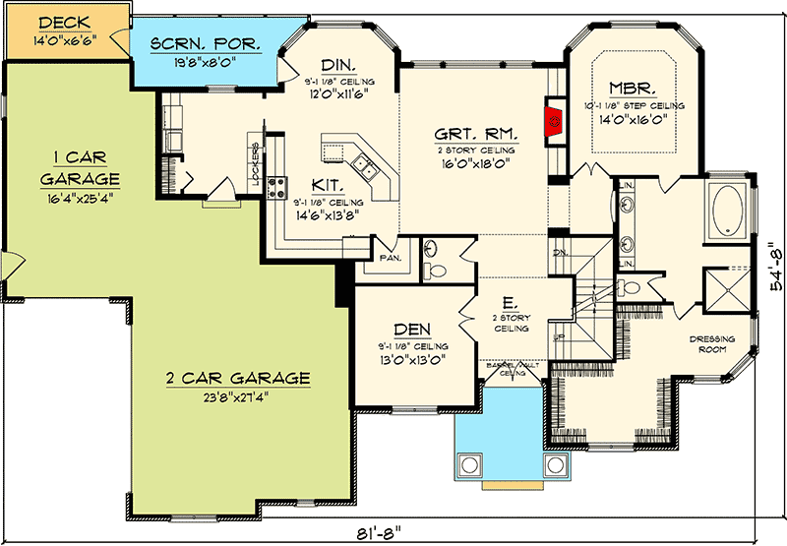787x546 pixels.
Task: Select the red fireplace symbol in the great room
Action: tap(555, 121)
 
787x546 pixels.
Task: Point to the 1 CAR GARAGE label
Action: tap(79, 167)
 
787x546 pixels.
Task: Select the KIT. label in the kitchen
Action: tap(328, 184)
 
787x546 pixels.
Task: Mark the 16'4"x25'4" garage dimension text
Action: tap(79, 197)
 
